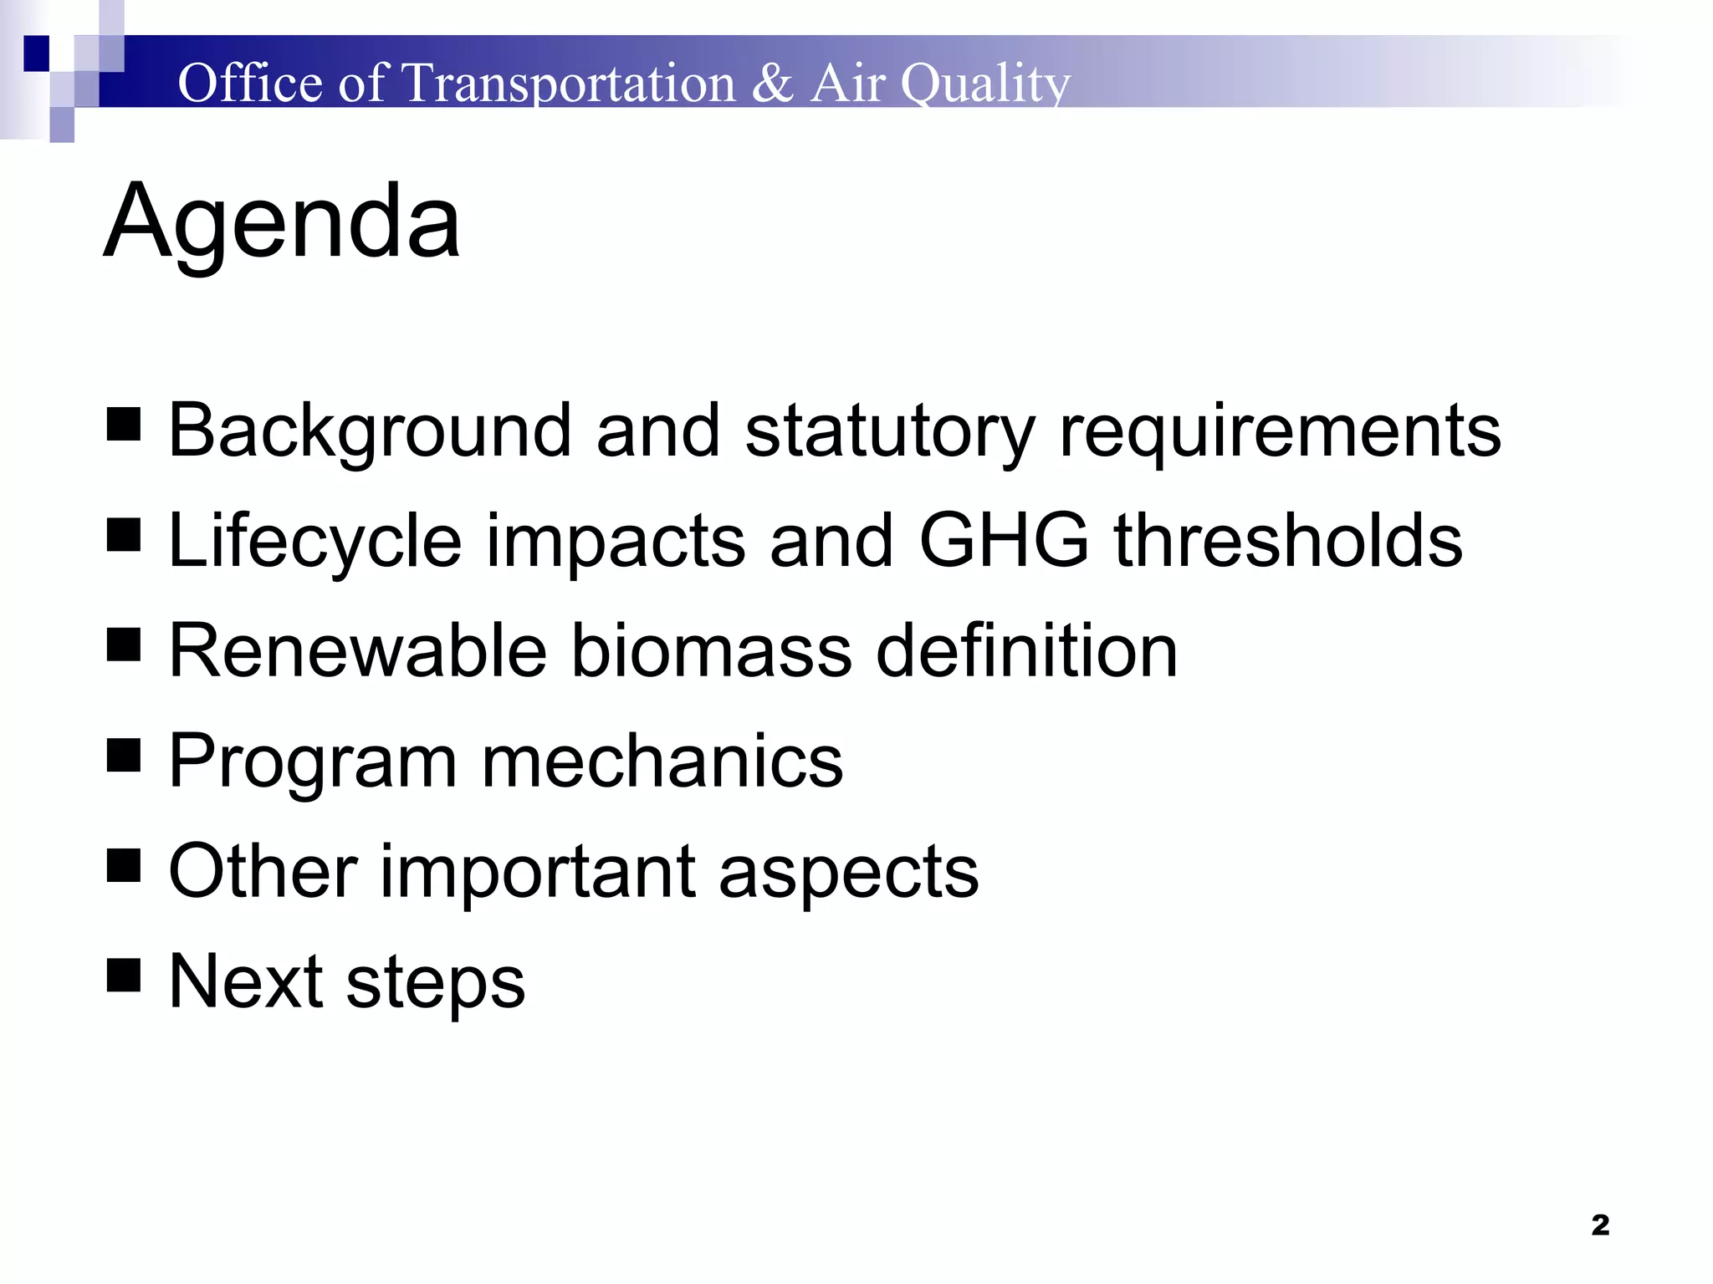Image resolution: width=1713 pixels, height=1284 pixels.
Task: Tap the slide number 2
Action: [1600, 1225]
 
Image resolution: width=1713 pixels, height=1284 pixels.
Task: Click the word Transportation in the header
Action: [568, 84]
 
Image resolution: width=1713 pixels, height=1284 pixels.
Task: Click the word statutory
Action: [889, 431]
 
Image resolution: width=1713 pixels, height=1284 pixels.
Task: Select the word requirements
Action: [1280, 431]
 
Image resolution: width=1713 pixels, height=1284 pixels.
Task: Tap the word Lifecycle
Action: [314, 542]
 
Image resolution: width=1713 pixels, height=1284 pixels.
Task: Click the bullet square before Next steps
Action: [124, 975]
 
